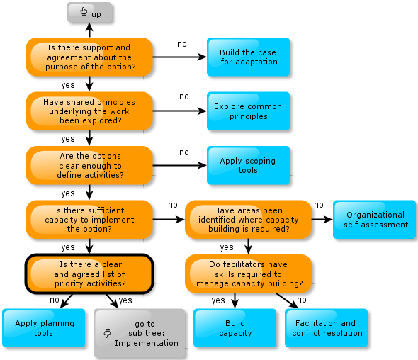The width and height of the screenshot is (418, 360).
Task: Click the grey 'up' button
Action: (89, 13)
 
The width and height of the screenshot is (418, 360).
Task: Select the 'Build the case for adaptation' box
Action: (248, 57)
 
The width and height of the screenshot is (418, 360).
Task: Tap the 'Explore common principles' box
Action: (248, 111)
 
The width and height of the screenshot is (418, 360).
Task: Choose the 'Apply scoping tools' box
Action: (248, 165)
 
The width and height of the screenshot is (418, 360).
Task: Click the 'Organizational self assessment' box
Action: (374, 220)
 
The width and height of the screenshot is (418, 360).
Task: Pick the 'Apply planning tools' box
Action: (44, 328)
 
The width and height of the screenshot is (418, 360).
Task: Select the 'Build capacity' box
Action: (235, 328)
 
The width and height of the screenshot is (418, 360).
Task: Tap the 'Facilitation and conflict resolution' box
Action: (327, 328)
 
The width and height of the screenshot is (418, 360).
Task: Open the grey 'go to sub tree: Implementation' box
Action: (140, 333)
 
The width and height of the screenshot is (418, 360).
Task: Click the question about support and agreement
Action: (89, 57)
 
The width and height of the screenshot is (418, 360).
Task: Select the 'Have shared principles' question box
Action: (89, 111)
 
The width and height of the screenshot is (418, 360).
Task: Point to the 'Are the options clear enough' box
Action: (89, 165)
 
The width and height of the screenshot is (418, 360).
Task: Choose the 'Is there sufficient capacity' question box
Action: (89, 220)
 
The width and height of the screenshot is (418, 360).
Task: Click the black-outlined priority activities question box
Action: (89, 274)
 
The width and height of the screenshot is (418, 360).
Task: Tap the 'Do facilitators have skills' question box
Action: (248, 274)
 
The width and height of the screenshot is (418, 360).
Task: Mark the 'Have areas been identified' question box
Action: (248, 220)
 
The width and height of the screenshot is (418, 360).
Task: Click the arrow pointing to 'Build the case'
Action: (180, 57)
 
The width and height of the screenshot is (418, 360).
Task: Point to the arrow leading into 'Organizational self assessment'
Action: (322, 220)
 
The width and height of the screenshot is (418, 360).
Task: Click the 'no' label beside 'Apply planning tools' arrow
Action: (55, 300)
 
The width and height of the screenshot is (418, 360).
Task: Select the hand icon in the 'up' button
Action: (84, 12)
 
